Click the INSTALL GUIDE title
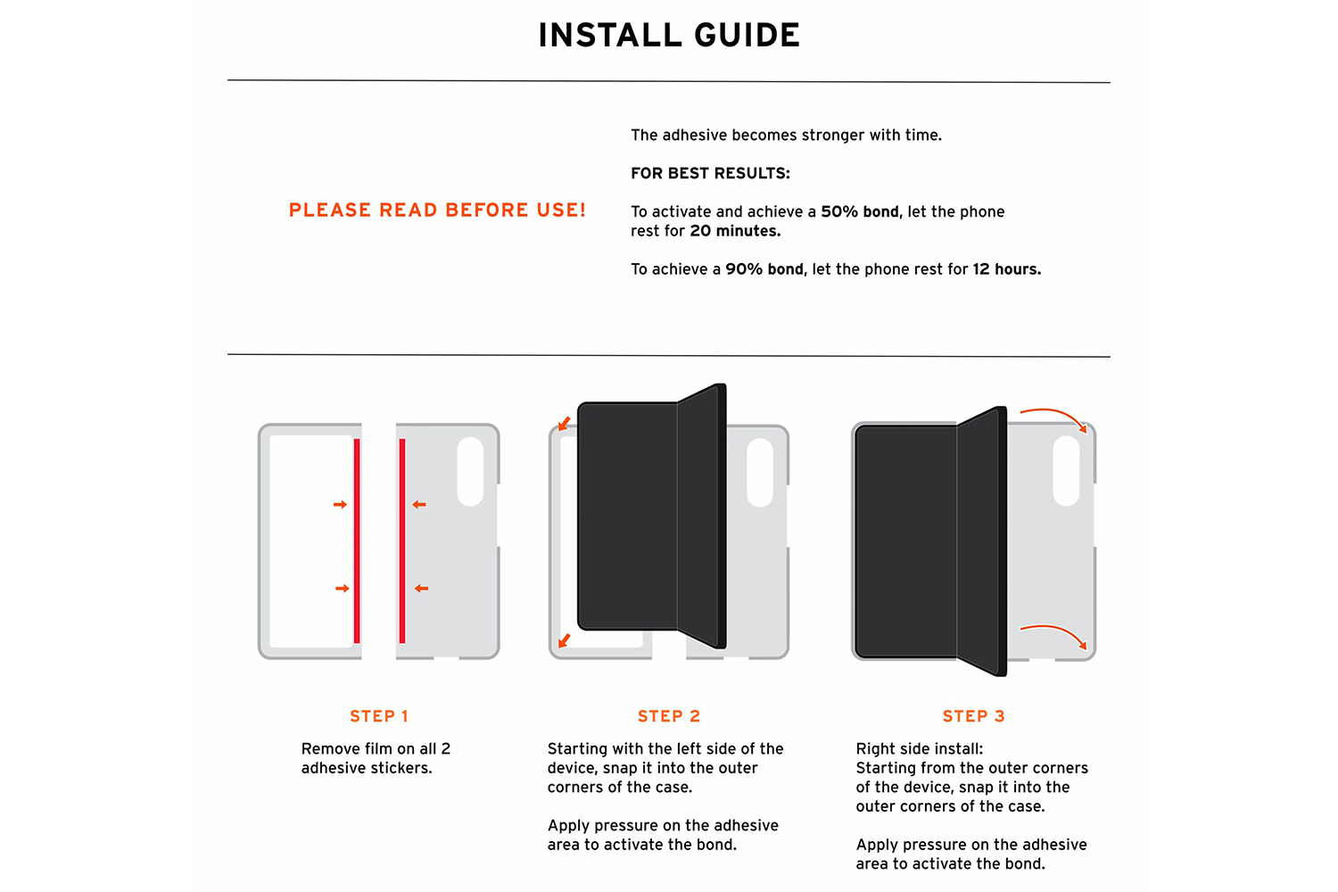669,35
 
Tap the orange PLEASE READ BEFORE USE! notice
437,210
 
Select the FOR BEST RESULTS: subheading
710,173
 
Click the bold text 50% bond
860,211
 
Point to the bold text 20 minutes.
735,231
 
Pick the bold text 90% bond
764,268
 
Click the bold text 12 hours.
1006,268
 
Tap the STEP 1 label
379,715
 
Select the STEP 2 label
669,715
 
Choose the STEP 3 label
974,715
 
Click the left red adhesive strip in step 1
357,541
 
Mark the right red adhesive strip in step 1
402,541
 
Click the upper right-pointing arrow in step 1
340,505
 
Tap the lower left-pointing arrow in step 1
422,589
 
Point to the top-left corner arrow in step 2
564,424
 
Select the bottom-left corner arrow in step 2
564,640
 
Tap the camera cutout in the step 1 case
470,471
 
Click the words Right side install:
919,748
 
